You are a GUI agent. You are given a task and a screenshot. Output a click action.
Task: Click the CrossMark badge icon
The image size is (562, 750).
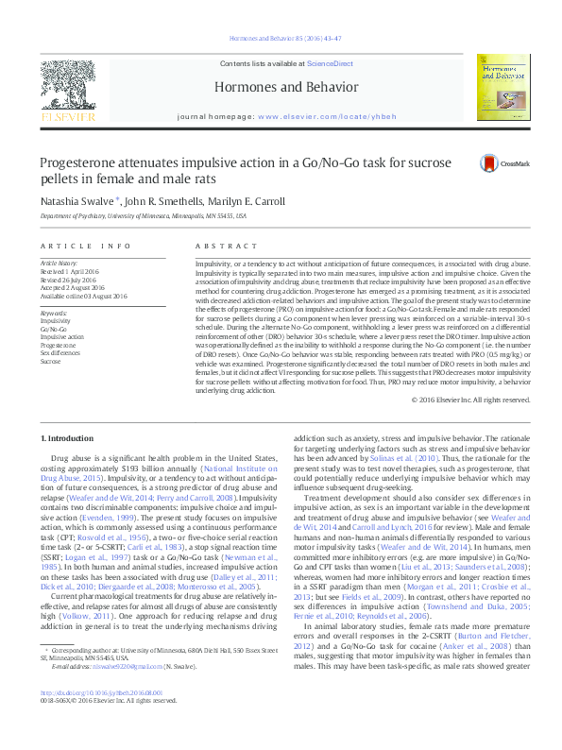coord(491,163)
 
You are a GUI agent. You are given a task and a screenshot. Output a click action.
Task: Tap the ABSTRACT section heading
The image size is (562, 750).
coord(213,245)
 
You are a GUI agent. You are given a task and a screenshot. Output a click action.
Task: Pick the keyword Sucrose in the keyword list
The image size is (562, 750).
coord(50,361)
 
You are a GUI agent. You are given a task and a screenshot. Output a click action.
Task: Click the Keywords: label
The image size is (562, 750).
coord(54,313)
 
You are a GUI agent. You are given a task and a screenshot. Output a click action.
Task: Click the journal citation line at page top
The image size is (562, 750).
coord(281,39)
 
